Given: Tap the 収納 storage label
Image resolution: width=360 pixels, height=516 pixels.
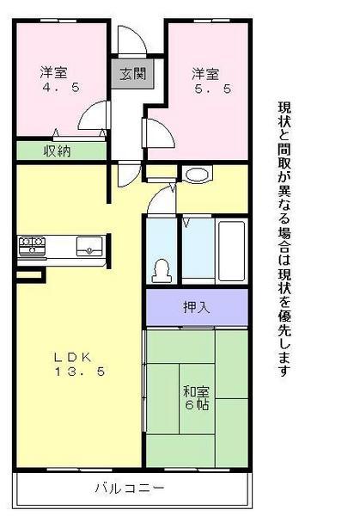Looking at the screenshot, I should pos(57,151).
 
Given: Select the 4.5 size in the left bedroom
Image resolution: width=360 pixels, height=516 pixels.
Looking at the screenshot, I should pos(51,87).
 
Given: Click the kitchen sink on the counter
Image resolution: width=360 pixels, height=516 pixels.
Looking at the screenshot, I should pos(88,247).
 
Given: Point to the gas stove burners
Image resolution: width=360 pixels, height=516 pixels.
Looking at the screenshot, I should pos(32,247).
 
